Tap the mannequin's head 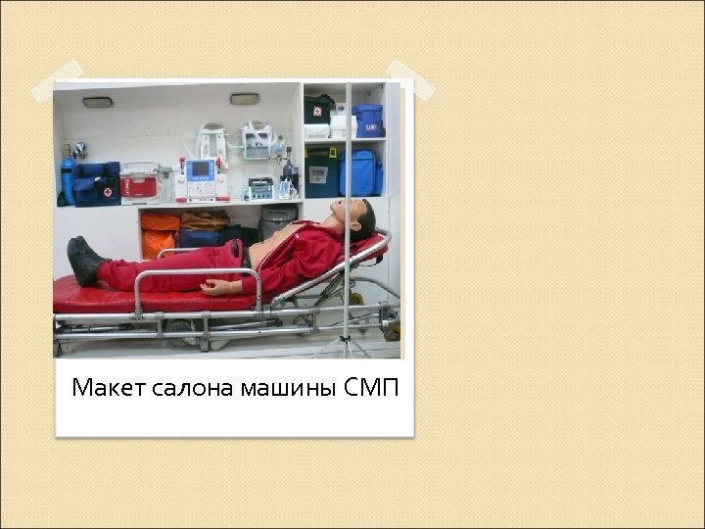point(356,216)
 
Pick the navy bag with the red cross point(97,183)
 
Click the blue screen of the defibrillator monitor point(202,168)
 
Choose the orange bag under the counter point(160,235)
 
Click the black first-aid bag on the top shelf point(319,109)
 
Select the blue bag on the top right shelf point(368,120)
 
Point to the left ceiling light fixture point(98,101)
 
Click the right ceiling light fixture point(244,99)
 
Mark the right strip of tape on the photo point(402,78)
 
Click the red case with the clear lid point(140,182)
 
